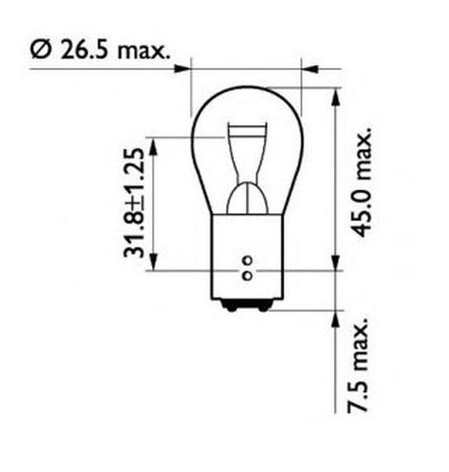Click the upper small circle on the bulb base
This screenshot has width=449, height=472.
coord(246,260)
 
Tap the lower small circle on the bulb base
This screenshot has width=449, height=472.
coord(246,275)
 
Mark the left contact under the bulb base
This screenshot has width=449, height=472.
coord(232,304)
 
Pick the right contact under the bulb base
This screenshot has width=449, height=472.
coord(260,304)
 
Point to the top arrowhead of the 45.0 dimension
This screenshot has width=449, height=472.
coord(333,92)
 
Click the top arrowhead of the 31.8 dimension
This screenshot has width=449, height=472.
coord(155,144)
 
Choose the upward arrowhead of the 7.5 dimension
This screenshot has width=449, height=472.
coord(333,317)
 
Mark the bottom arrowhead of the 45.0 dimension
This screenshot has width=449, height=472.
coord(333,264)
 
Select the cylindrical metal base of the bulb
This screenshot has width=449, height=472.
coord(246,259)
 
